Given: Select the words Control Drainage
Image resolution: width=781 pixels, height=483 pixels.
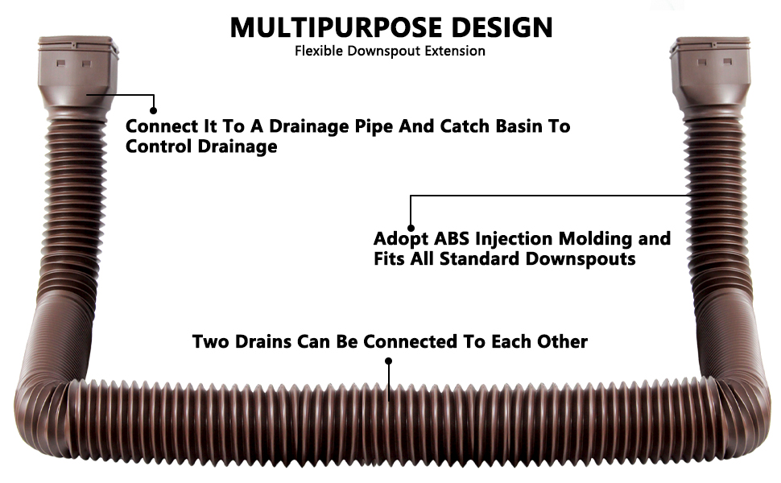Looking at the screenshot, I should pyautogui.click(x=201, y=147).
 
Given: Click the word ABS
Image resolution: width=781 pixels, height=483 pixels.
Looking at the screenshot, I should pyautogui.click(x=452, y=239).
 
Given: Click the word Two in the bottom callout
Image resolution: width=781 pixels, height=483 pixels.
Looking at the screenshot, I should pyautogui.click(x=210, y=341).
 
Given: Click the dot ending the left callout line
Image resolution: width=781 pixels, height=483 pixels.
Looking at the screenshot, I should pyautogui.click(x=154, y=110).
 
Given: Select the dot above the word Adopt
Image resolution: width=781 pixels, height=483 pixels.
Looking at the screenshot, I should pyautogui.click(x=411, y=227).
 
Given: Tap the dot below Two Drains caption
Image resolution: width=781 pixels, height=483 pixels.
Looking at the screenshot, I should pyautogui.click(x=390, y=361).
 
